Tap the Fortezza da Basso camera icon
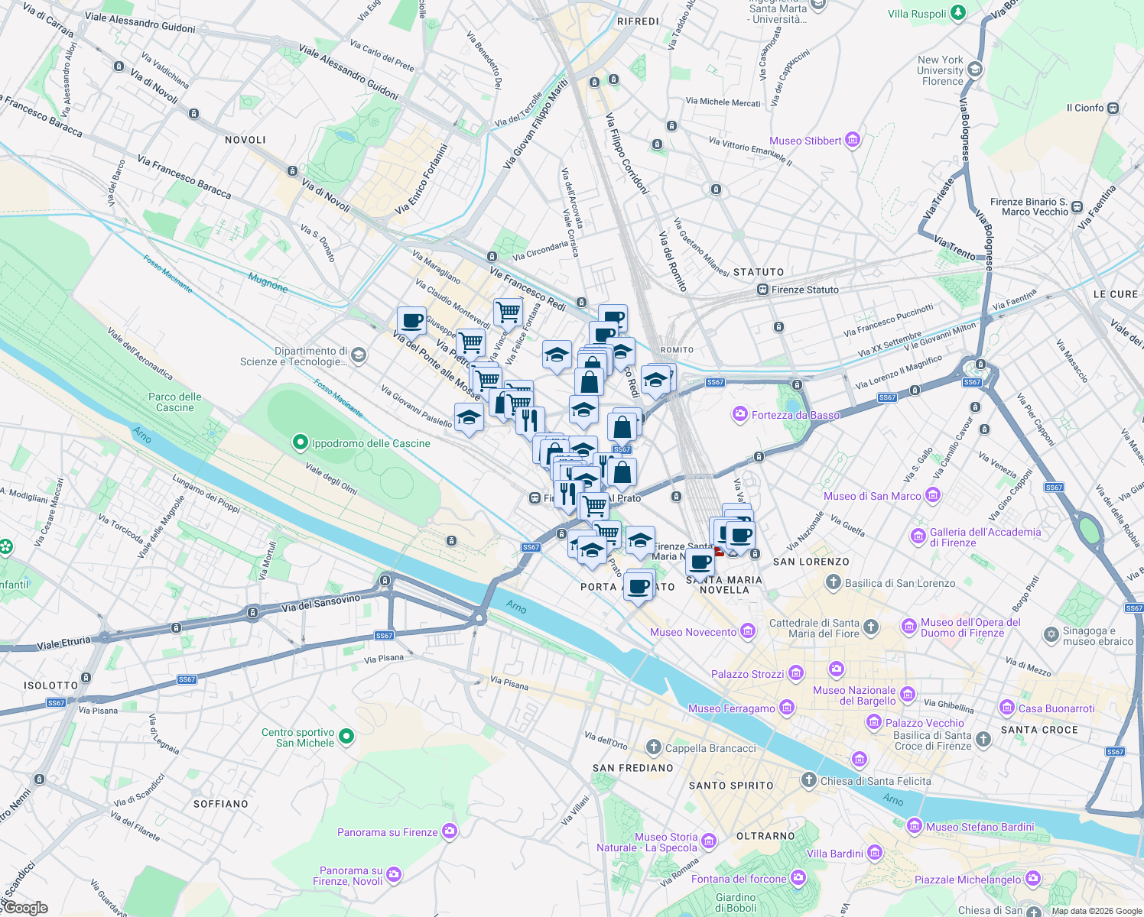(x=739, y=415)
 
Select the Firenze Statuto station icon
(x=762, y=290)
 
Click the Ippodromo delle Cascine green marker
(x=301, y=442)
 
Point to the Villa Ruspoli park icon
(x=958, y=14)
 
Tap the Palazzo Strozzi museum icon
(x=796, y=673)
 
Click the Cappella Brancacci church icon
(x=654, y=747)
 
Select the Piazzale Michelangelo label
(x=969, y=880)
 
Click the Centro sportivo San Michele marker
(x=346, y=737)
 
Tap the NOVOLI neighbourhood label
(x=245, y=140)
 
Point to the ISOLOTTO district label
(x=50, y=685)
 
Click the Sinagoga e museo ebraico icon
(x=1051, y=635)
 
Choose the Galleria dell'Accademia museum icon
(x=918, y=536)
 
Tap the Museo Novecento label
(x=693, y=632)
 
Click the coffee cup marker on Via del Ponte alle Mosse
(x=411, y=322)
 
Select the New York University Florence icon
(x=974, y=70)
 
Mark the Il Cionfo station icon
(x=1113, y=108)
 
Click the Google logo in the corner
(x=25, y=908)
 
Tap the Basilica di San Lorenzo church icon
(x=834, y=583)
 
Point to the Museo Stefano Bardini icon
(x=914, y=826)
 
